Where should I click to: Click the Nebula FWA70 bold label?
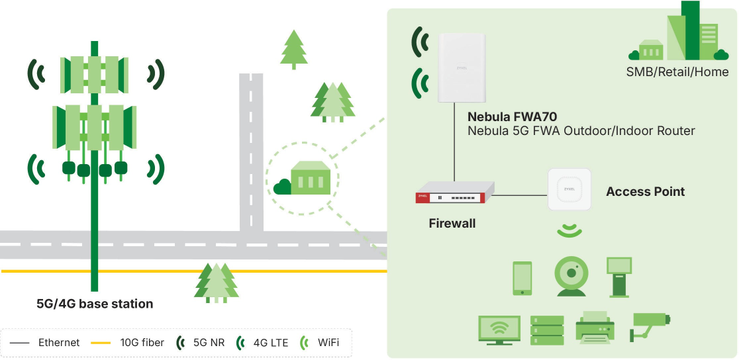(513, 116)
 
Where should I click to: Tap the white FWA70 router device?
(462, 68)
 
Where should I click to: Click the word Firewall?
(452, 224)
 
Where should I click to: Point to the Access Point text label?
(645, 192)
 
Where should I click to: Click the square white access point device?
(569, 190)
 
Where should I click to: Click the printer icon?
(595, 328)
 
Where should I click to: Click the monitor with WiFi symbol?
(499, 328)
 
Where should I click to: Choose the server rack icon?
(547, 328)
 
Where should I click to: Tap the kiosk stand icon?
(618, 277)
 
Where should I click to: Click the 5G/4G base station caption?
(95, 304)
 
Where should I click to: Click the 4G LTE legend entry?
(264, 343)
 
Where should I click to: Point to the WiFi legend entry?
(322, 343)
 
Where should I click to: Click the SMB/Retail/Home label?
(677, 72)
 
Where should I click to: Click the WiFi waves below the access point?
(569, 230)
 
